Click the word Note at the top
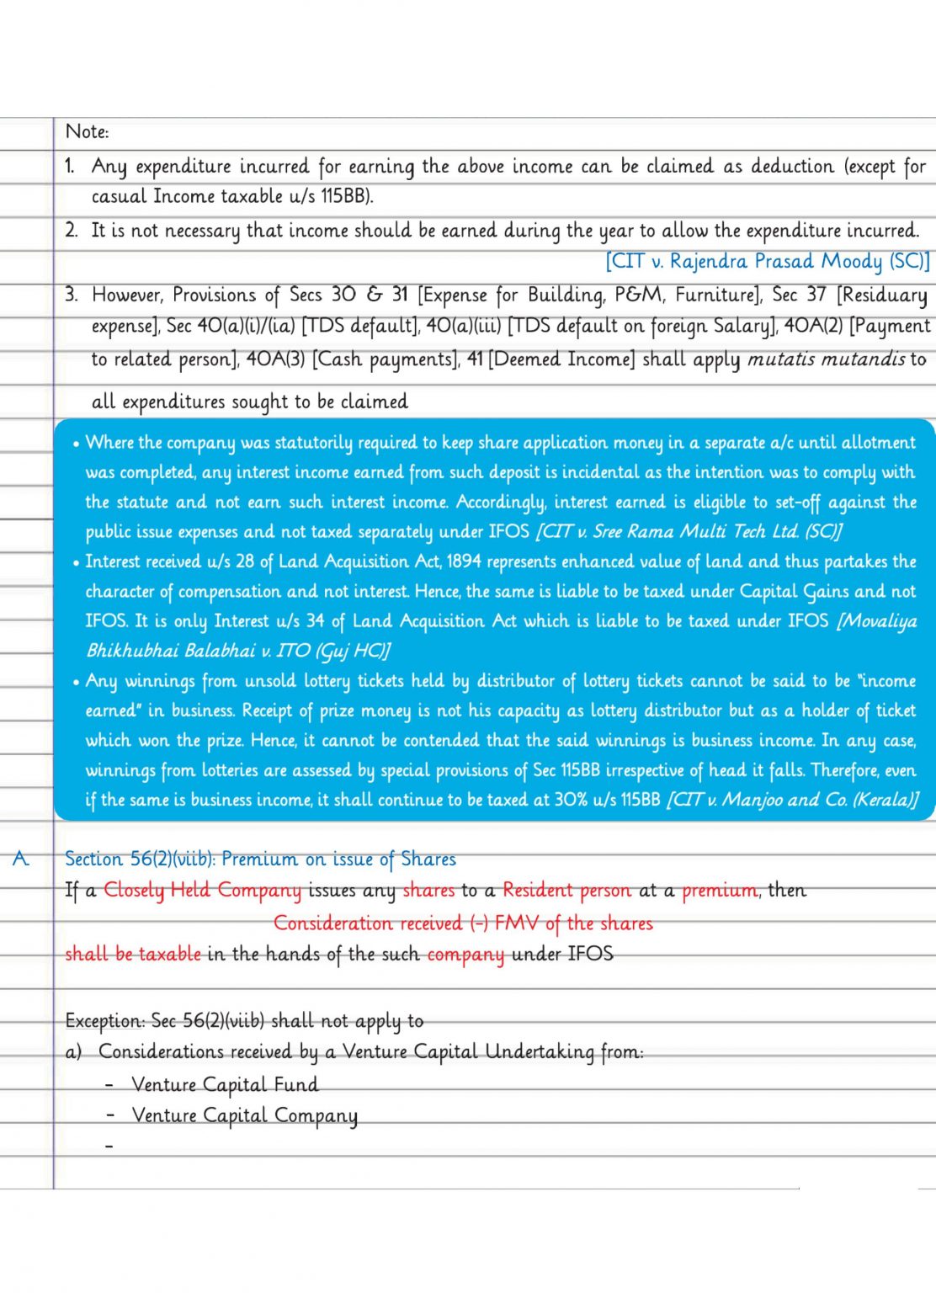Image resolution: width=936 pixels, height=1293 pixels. point(86,131)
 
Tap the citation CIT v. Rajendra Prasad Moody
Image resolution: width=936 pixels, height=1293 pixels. point(767,261)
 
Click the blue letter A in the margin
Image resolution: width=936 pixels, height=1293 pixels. point(21,859)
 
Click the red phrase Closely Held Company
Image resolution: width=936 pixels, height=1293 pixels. point(202,890)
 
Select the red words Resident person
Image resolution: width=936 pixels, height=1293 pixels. point(566,890)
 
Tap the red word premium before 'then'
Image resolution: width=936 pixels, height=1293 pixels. point(720,890)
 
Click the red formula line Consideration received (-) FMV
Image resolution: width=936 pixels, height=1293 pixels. point(463,923)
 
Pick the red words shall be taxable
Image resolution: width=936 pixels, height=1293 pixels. point(133,954)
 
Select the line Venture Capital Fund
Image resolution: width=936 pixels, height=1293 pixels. point(225,1084)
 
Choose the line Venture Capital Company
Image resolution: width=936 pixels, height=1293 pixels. point(244,1115)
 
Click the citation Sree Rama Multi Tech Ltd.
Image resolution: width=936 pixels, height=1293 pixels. point(689,531)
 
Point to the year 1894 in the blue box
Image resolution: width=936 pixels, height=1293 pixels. point(464,561)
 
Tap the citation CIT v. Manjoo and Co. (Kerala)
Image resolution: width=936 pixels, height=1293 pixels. point(792,799)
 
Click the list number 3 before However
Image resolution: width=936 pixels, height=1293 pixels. point(72,295)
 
